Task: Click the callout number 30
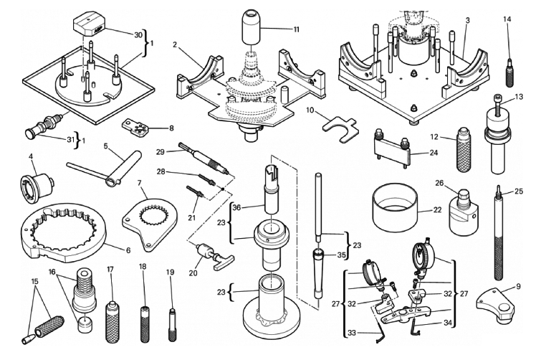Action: click(x=138, y=34)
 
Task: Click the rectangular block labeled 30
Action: click(x=91, y=28)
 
